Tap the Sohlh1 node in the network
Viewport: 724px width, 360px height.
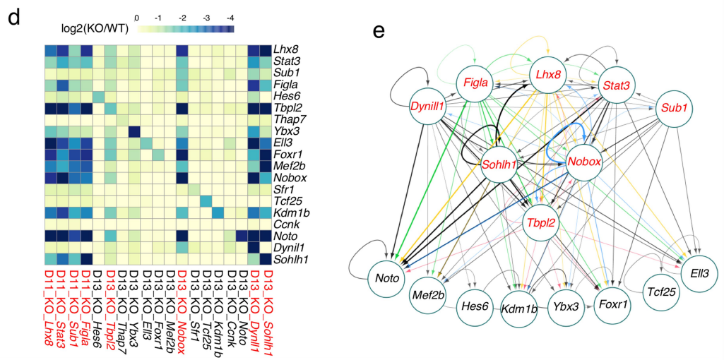pyautogui.click(x=499, y=164)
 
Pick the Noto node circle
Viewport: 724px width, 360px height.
pyautogui.click(x=386, y=277)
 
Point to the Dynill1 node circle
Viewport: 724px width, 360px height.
pyautogui.click(x=427, y=106)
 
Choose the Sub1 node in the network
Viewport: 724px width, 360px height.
pyautogui.click(x=674, y=107)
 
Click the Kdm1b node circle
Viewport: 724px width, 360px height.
pyautogui.click(x=519, y=307)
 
